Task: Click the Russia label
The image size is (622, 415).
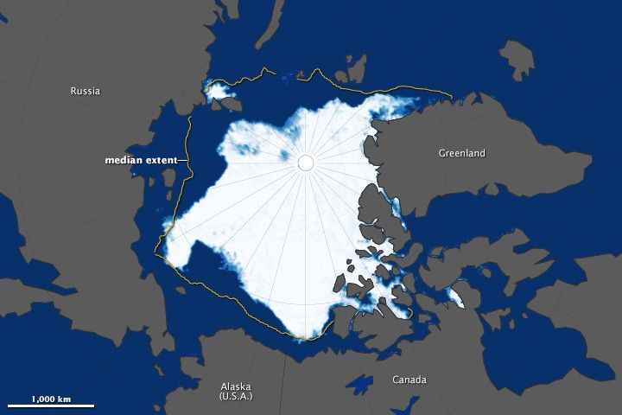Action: (86, 91)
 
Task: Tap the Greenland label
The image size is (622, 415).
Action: (461, 154)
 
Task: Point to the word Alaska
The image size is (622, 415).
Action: (235, 386)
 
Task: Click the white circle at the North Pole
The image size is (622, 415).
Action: (305, 163)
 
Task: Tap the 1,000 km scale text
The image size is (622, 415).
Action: (50, 399)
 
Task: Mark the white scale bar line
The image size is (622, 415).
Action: (50, 406)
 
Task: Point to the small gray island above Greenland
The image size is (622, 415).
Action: (517, 59)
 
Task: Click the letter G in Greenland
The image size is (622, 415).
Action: (441, 154)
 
